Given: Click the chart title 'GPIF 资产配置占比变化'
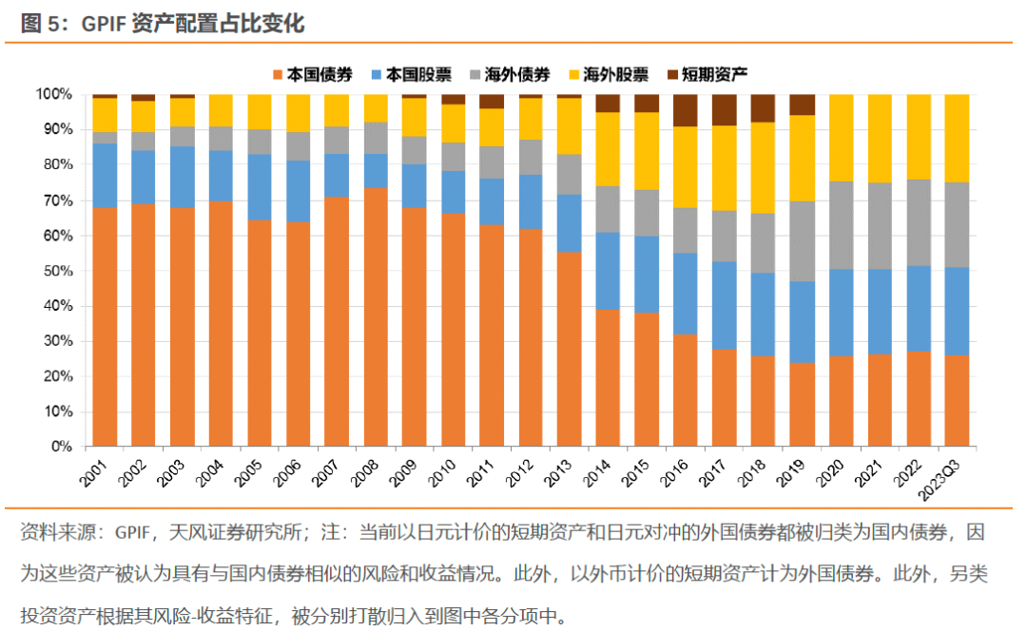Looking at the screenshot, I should pos(162,24).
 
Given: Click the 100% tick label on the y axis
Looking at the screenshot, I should pos(52,94).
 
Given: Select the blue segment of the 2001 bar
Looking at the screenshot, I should pos(105,175).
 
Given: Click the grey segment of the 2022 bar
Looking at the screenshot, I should pos(919,221).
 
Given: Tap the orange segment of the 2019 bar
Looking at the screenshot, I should pos(803,404).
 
